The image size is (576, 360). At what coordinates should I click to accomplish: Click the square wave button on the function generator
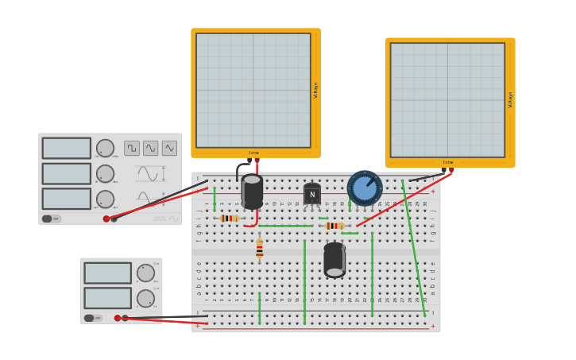[132, 148]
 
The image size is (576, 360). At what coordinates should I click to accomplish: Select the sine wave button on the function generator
[151, 148]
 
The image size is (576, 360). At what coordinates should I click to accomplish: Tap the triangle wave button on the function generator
[169, 148]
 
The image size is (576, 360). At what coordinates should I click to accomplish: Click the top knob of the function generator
[105, 149]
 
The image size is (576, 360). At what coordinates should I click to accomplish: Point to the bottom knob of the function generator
[105, 199]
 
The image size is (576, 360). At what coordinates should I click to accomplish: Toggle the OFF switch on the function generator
[47, 219]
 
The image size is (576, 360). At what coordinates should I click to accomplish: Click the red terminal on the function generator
[106, 219]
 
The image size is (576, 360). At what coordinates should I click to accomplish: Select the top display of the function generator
[67, 149]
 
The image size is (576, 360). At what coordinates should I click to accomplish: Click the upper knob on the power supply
[145, 273]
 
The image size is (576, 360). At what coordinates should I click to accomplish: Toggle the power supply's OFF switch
[89, 318]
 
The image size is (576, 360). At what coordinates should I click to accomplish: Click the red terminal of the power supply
[118, 318]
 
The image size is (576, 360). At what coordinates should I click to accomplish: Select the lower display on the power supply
[107, 298]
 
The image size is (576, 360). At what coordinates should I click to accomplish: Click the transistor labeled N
[312, 194]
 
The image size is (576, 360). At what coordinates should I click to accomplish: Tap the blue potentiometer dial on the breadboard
[365, 188]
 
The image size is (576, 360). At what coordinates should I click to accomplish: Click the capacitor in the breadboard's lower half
[334, 260]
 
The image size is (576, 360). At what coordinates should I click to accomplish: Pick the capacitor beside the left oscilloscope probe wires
[252, 192]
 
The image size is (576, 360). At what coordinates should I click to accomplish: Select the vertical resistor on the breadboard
[259, 250]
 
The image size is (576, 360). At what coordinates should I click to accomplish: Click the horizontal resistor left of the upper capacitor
[230, 219]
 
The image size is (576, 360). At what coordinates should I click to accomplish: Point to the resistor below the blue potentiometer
[334, 226]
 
